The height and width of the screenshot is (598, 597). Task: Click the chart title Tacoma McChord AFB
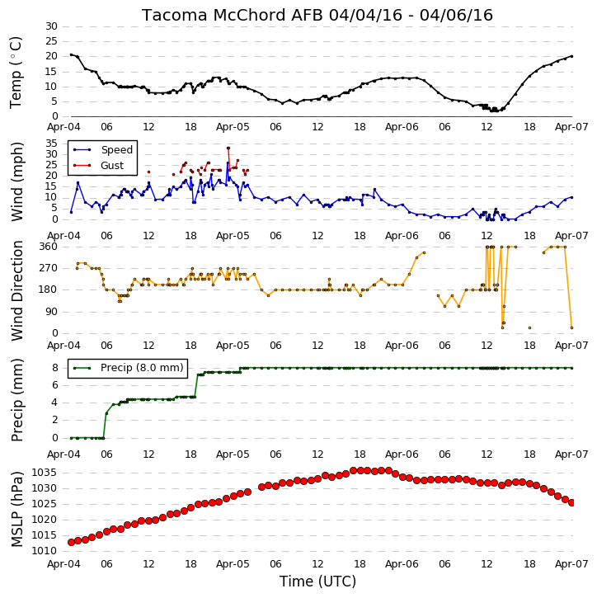coord(233,15)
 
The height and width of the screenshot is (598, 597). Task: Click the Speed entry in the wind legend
coord(116,150)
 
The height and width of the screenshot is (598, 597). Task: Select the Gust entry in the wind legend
coord(112,166)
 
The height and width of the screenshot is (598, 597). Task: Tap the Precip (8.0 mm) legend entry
coord(142,368)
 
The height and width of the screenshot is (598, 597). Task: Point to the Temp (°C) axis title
coord(16,73)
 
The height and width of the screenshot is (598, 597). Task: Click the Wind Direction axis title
coord(17,290)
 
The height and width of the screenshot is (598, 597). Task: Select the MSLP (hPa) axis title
coord(17,509)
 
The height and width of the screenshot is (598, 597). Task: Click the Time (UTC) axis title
coord(317,582)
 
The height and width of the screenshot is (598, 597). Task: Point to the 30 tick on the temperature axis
coord(51,26)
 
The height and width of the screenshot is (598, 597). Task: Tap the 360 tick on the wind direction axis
coord(49,247)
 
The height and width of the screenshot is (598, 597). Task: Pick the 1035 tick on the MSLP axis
coord(45,473)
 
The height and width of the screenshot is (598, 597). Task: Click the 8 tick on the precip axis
coord(55,368)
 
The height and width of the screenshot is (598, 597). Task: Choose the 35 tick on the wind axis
coord(51,144)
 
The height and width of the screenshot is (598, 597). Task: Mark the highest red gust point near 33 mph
coord(228,148)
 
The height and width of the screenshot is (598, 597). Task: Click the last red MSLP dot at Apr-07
coord(571,502)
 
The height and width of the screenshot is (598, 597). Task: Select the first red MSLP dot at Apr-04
coord(71,542)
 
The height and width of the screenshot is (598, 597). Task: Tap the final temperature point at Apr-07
coord(571,56)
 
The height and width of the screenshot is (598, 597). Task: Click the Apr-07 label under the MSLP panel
coord(571,563)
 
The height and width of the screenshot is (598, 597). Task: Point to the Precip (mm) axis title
coord(17,400)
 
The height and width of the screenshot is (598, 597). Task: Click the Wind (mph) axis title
coord(17,181)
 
